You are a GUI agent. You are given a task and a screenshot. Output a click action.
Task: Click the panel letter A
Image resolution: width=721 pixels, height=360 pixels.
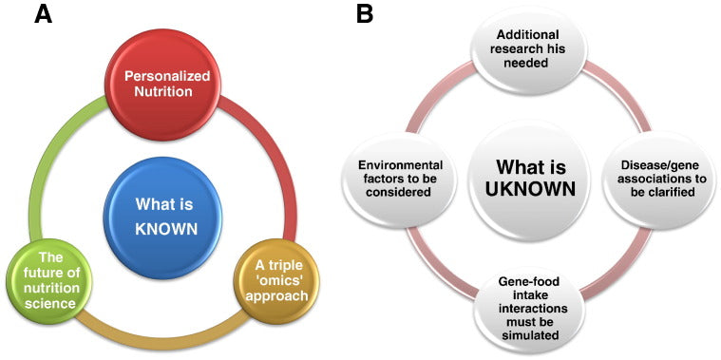[x=44, y=14]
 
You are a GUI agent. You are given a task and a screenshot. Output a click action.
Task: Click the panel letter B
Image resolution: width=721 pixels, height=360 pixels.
[x=365, y=14]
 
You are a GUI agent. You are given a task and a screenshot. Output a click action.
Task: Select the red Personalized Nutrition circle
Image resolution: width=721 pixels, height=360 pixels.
[x=162, y=83]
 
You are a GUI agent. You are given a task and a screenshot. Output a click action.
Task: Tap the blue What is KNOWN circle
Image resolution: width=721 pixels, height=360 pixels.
[x=162, y=217]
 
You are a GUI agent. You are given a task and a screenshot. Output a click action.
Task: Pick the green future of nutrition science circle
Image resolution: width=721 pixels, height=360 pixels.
[x=49, y=281]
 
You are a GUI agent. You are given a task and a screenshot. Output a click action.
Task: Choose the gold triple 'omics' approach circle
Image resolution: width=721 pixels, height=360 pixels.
[x=279, y=281]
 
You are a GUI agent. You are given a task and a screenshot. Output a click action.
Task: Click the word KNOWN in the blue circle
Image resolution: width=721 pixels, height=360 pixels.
[x=166, y=228]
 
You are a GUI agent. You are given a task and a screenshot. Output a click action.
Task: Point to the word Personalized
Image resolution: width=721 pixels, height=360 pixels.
[x=166, y=76]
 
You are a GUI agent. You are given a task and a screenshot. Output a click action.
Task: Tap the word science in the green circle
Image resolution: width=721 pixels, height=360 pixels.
[x=49, y=303]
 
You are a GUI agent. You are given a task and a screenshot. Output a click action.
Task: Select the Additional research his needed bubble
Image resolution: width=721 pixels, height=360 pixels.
[x=528, y=48]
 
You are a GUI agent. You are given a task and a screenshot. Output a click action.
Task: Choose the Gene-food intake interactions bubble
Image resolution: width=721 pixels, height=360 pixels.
[x=528, y=307]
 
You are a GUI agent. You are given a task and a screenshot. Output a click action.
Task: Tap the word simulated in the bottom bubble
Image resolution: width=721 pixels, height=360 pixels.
[x=531, y=335]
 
